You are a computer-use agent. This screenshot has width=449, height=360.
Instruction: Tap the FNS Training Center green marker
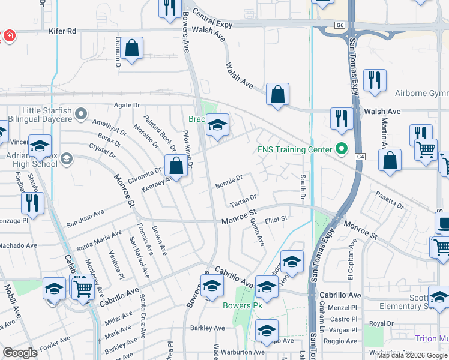pyautogui.click(x=342, y=149)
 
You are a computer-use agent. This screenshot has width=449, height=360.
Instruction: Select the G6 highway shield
pyautogui.click(x=340, y=25)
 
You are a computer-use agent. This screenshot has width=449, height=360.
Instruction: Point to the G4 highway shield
pyautogui.click(x=360, y=157)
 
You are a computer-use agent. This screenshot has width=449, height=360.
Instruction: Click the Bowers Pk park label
pyautogui.click(x=243, y=305)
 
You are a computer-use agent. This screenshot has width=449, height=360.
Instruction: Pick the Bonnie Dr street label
pyautogui.click(x=229, y=178)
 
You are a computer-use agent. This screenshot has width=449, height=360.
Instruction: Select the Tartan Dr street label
pyautogui.click(x=244, y=200)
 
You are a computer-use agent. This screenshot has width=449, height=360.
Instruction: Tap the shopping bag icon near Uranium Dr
pyautogui.click(x=131, y=49)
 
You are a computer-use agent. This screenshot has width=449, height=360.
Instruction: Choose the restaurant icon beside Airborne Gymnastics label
pyautogui.click(x=375, y=80)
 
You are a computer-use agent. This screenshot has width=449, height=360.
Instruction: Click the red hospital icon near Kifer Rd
pyautogui.click(x=8, y=37)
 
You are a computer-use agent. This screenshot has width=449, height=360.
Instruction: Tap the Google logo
pyautogui.click(x=20, y=353)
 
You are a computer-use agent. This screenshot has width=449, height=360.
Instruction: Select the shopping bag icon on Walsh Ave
pyautogui.click(x=277, y=94)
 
